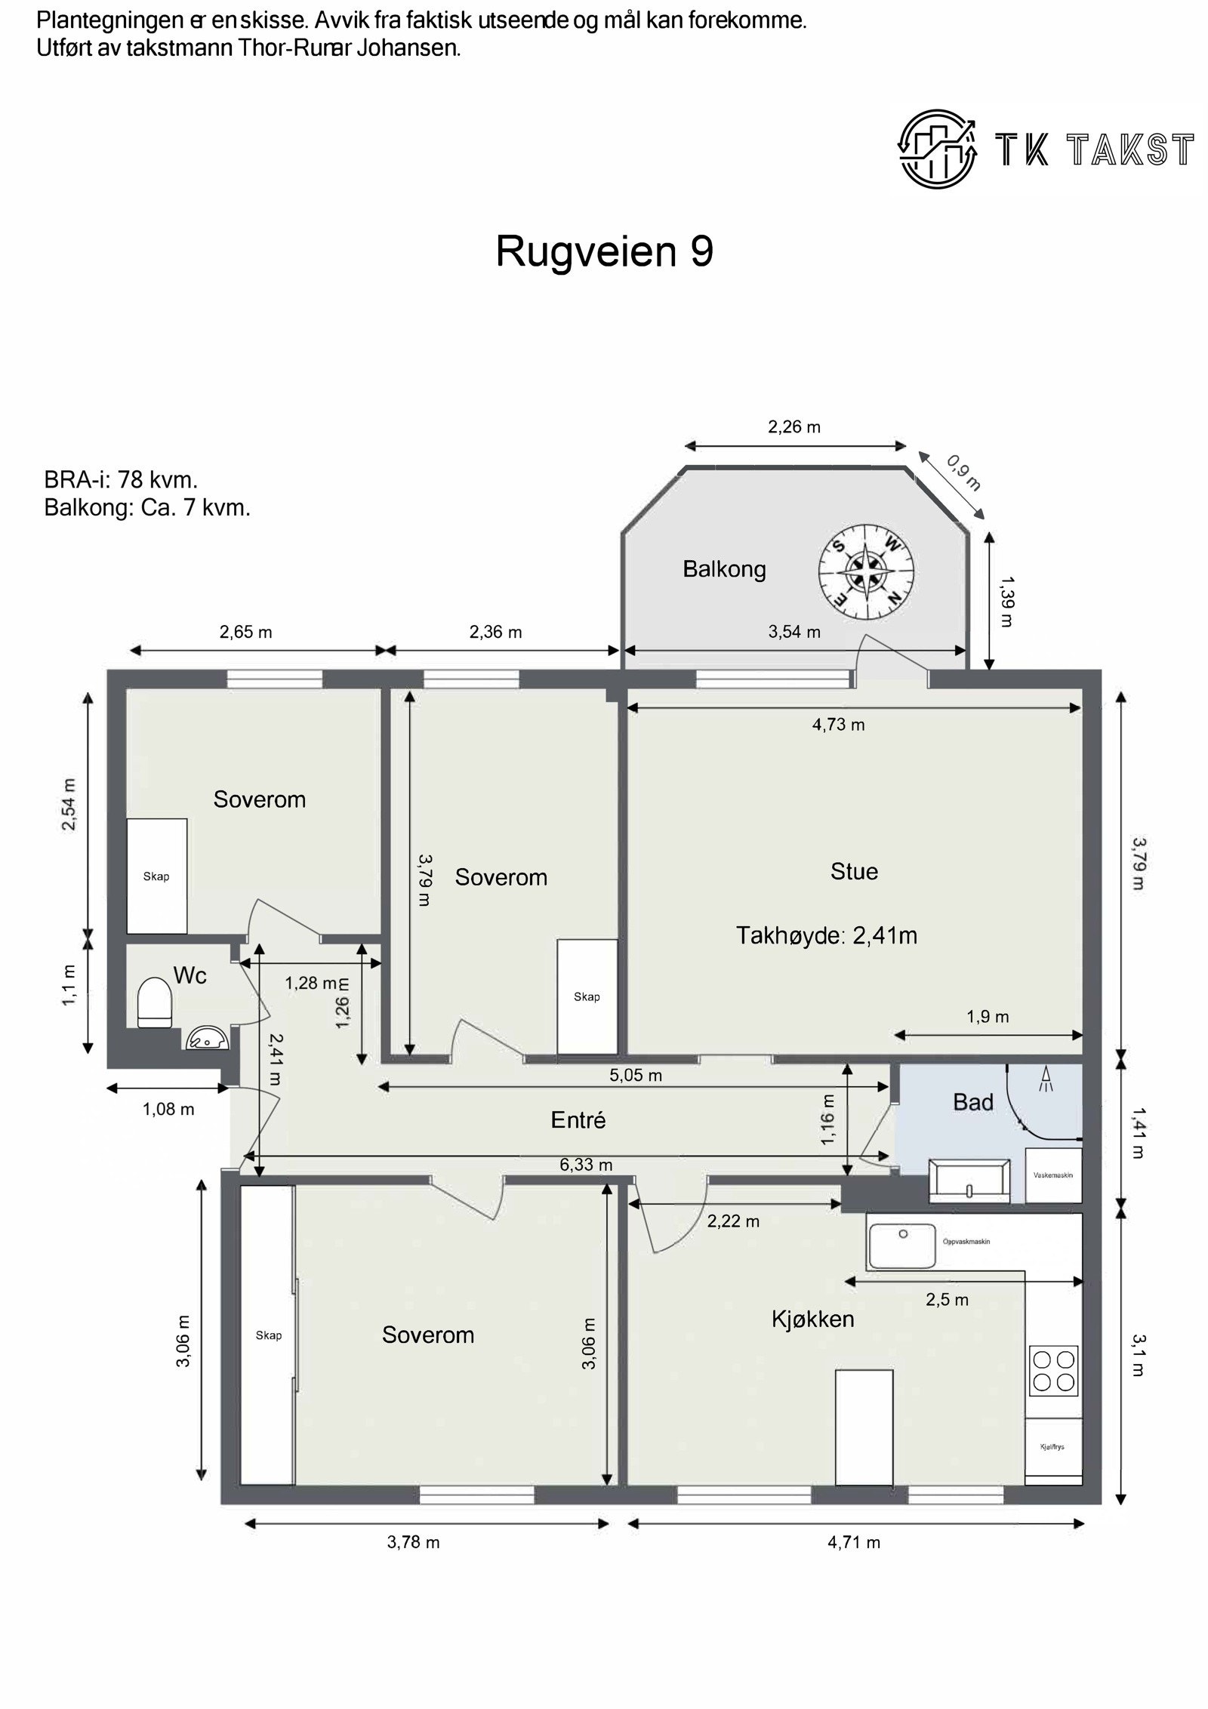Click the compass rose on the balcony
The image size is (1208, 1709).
click(x=867, y=571)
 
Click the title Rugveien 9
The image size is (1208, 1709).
click(x=604, y=251)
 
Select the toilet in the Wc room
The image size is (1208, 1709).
click(x=155, y=1002)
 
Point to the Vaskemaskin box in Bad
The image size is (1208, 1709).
click(x=1053, y=1175)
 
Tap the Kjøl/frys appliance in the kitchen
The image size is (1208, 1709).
click(x=1053, y=1448)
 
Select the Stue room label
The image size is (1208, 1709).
click(x=854, y=872)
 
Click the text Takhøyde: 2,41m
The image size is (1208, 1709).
click(x=827, y=936)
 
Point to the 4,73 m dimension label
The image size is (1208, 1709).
click(x=838, y=725)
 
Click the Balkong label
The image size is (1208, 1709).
click(x=724, y=569)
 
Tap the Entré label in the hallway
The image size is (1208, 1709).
click(x=578, y=1120)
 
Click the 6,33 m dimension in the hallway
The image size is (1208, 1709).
click(x=586, y=1165)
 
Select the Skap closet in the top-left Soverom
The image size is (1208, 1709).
click(x=157, y=876)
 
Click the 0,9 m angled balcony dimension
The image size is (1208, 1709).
click(x=963, y=473)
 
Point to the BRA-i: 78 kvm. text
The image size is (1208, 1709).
click(x=121, y=480)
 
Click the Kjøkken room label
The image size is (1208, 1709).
click(x=812, y=1319)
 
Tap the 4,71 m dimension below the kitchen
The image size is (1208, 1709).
click(x=854, y=1542)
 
